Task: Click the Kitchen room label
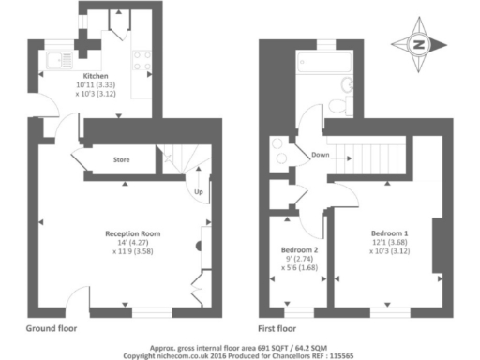point(96,76)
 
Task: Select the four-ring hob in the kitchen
point(142,61)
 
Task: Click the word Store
point(121,160)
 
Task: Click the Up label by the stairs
point(198,192)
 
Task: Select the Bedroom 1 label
point(389,232)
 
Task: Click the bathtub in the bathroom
point(323,64)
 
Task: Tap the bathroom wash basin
point(279,150)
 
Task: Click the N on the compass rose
point(419,43)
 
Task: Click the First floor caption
point(277,329)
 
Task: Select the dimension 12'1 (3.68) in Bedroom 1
point(389,242)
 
